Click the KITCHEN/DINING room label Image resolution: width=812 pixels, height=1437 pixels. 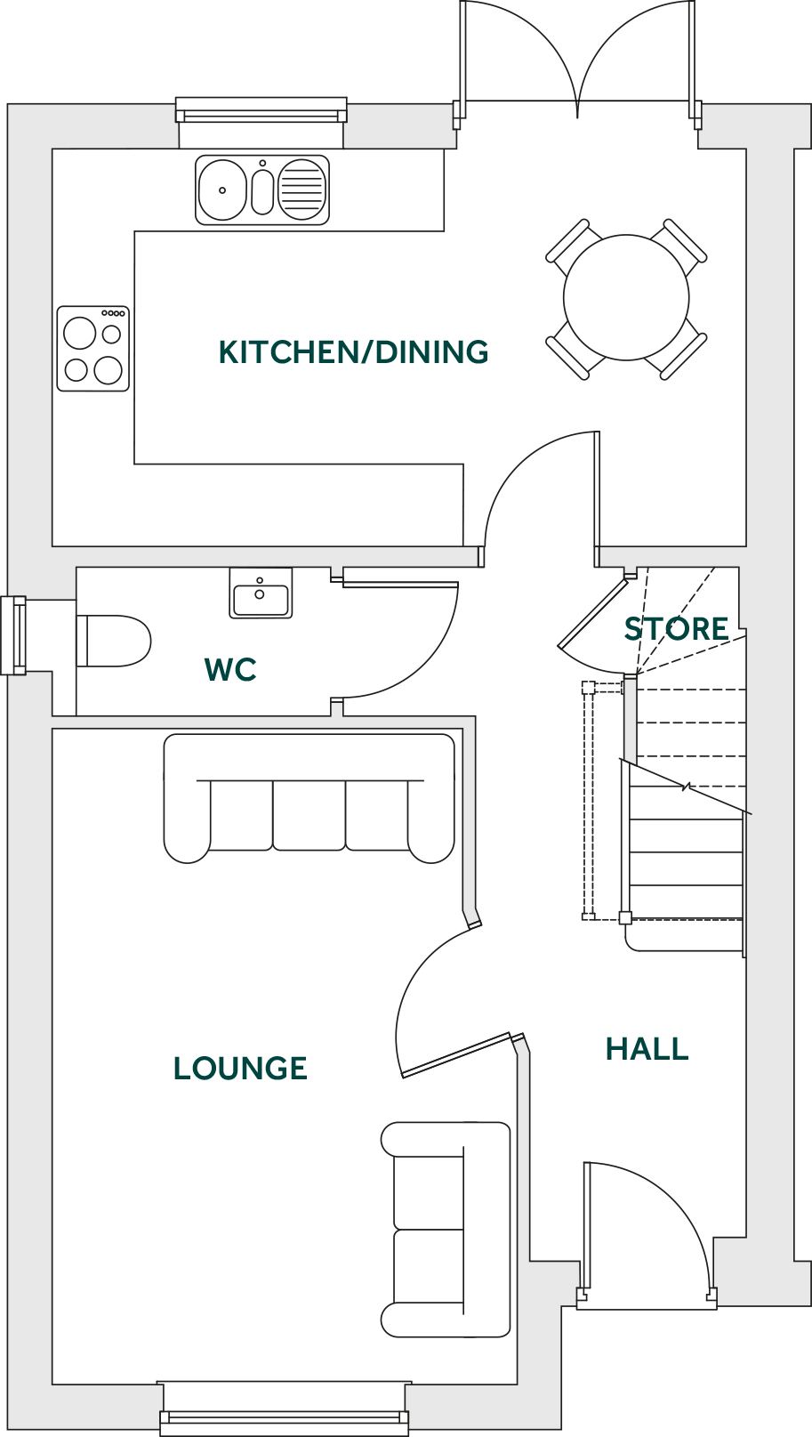353,352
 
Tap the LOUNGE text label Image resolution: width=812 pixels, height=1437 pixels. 240,1068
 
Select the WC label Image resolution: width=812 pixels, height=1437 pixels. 230,669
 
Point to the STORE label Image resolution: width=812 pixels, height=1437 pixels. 676,629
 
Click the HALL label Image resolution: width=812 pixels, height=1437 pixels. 647,1049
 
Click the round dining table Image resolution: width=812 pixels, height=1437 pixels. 626,297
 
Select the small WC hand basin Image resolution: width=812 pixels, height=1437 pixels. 261,593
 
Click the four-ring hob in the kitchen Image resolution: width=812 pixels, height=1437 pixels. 93,349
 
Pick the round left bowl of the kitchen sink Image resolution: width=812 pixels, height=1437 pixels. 221,190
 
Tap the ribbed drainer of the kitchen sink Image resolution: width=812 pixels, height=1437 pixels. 302,190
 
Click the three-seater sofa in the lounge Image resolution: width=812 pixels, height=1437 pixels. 309,798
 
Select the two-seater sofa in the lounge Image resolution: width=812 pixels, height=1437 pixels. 446,1230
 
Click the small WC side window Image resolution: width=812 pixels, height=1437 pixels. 14,635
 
